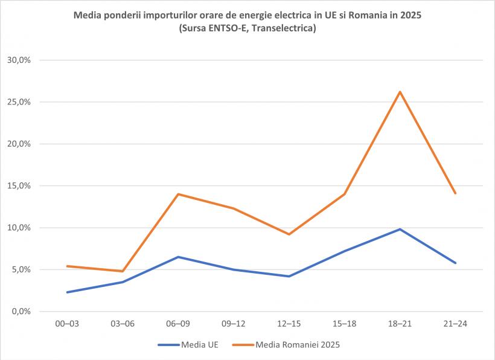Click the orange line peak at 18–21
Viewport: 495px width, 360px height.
(400, 92)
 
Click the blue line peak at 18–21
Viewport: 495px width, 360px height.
(400, 230)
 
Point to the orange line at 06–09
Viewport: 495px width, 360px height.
(178, 194)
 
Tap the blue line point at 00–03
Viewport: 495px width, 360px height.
(67, 292)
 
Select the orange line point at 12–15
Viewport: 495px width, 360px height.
(289, 234)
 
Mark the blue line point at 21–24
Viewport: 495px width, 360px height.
(455, 263)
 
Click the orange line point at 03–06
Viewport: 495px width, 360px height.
(123, 271)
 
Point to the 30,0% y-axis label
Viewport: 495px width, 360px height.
(19, 60)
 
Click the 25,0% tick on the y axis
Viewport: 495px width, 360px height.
(19, 102)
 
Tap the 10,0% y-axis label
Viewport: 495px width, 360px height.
(19, 228)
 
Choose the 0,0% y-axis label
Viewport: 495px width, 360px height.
(21, 312)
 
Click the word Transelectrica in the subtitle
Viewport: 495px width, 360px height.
(283, 28)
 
